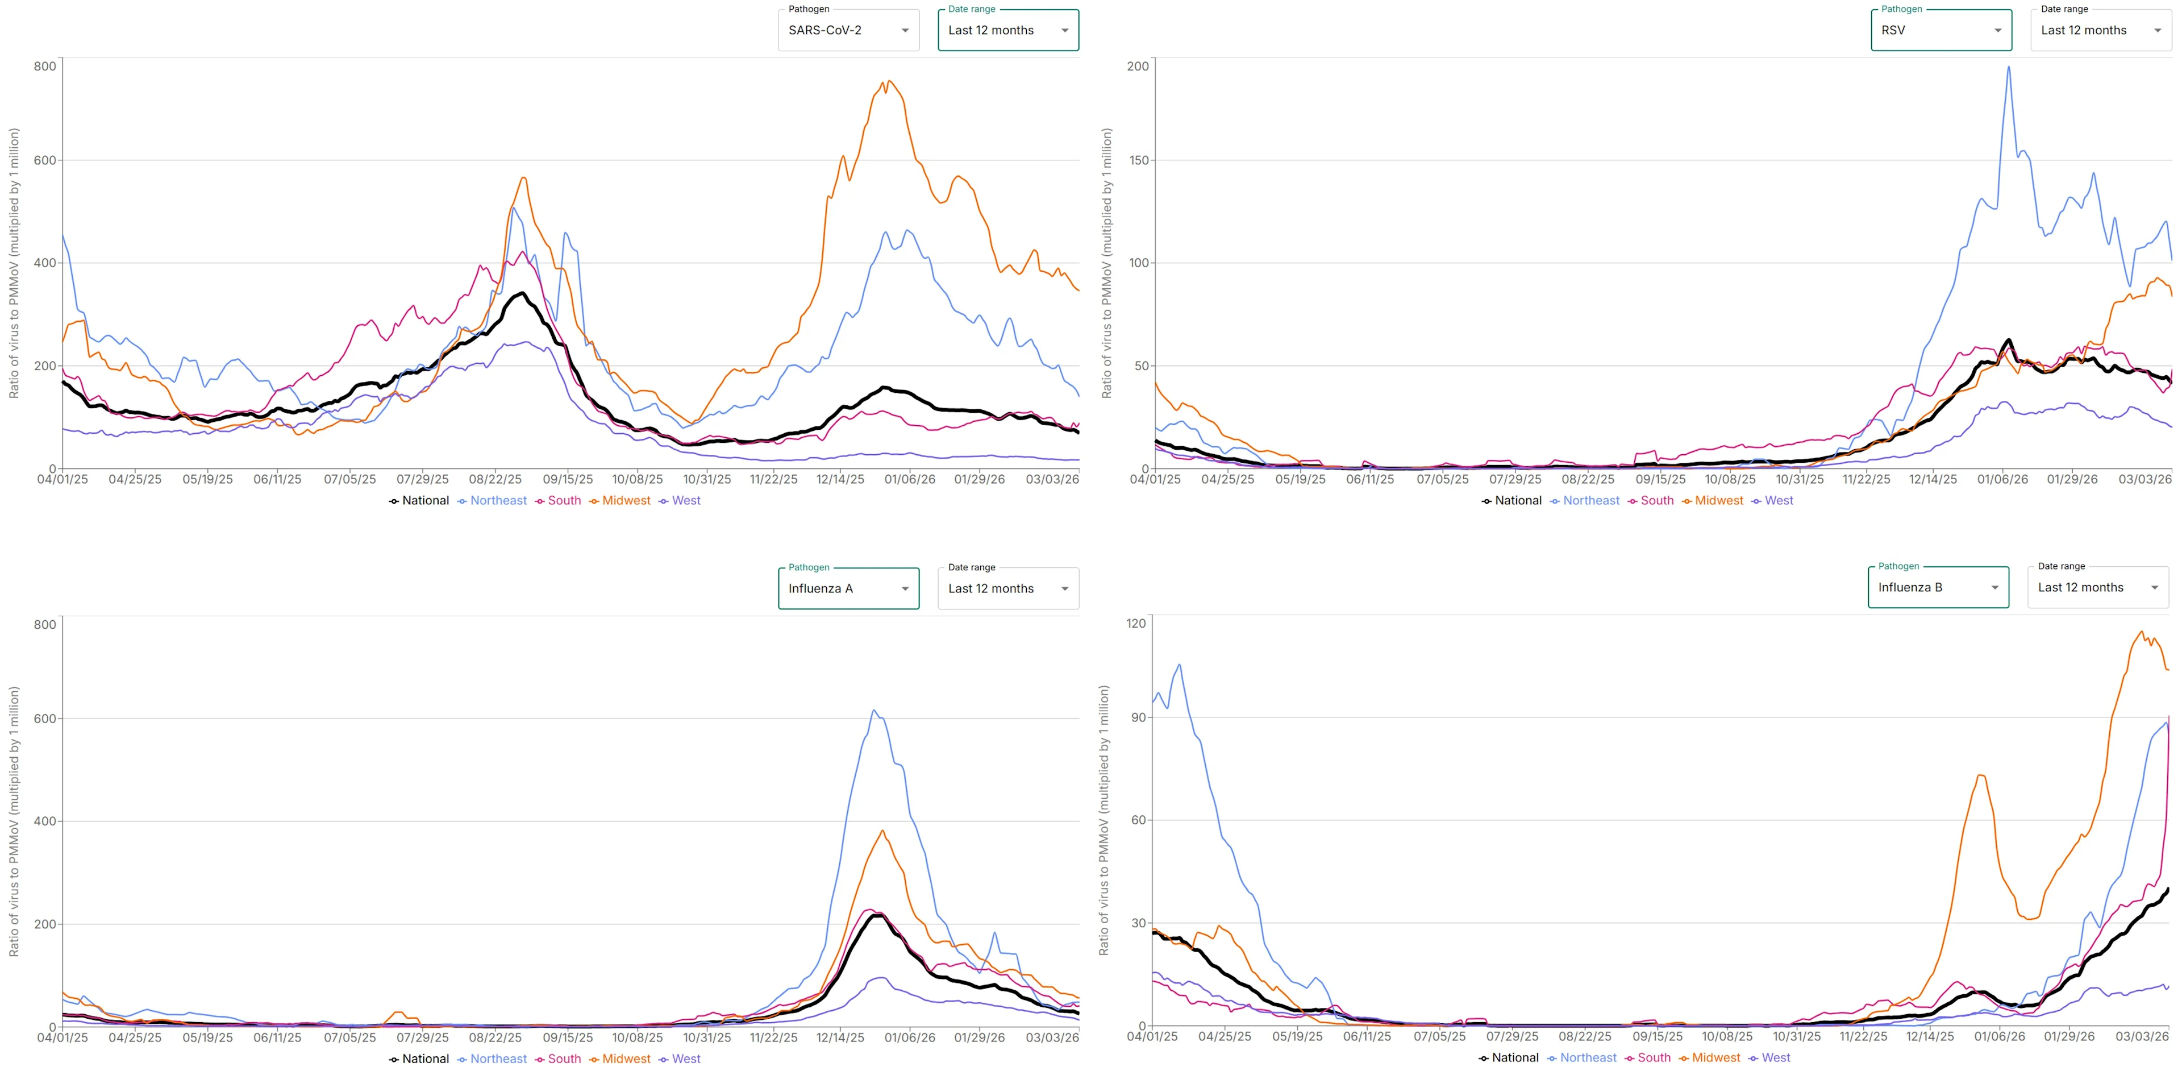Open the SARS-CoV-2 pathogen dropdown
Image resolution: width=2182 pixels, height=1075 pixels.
(848, 31)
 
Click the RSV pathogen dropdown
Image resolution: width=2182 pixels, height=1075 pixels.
(1940, 31)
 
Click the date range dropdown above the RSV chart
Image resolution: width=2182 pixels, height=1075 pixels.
(2099, 31)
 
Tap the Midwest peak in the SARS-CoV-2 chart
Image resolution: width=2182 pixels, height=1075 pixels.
(889, 81)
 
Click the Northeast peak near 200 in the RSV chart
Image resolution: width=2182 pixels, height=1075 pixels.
(2008, 67)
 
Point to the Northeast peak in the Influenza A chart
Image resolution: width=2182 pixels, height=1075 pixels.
(874, 711)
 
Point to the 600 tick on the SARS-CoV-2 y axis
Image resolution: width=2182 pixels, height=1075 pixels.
(44, 160)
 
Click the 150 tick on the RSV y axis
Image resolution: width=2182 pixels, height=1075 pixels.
(1138, 160)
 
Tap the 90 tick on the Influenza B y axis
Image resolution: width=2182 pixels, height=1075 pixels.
(1138, 717)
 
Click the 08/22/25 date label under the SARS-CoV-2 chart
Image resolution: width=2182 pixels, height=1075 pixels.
(495, 479)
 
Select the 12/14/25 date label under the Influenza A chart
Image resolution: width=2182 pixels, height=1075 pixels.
(840, 1037)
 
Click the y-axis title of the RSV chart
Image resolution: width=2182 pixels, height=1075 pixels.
(1106, 263)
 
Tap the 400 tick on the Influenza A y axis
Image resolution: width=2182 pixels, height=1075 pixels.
(44, 821)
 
